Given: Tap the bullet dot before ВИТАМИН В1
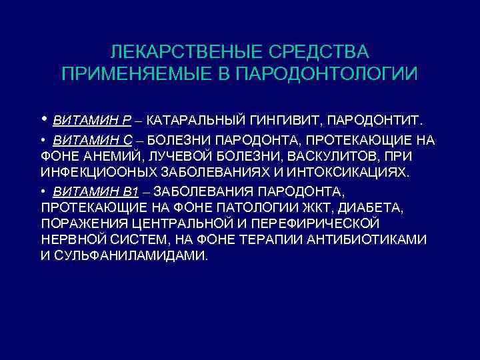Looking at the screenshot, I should tap(43, 192).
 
